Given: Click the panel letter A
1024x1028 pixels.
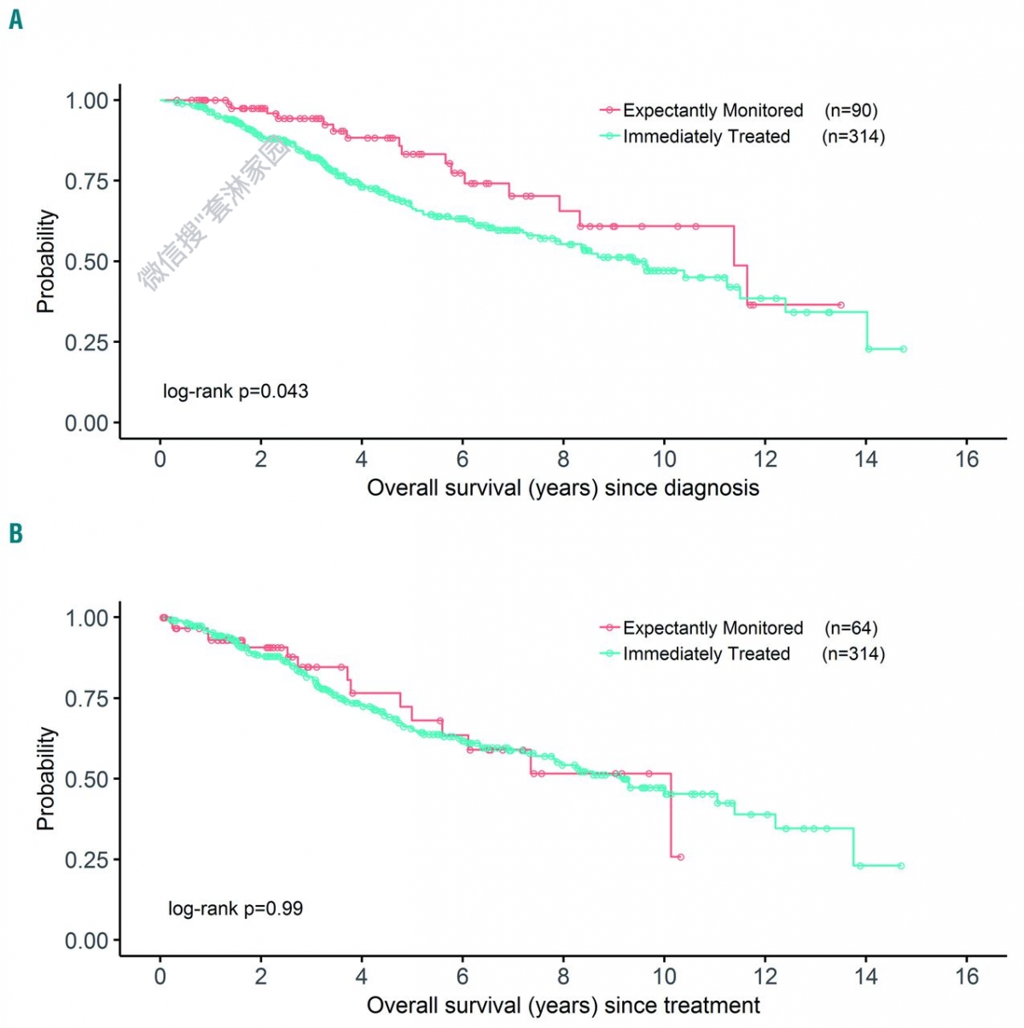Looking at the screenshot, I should point(15,19).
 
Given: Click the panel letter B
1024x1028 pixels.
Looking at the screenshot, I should point(15,534).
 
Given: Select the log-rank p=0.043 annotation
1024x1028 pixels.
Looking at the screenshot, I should point(236,392).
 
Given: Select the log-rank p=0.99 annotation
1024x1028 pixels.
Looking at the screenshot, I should point(236,909).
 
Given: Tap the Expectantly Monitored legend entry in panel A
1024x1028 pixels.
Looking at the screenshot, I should point(713,110).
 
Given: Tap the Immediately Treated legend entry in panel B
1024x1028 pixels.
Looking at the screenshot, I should point(706,654).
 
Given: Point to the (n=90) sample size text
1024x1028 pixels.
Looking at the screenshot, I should point(851,110).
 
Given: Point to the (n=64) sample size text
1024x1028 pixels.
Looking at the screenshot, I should point(851,628).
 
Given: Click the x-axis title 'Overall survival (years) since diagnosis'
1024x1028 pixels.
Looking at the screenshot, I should point(562,488).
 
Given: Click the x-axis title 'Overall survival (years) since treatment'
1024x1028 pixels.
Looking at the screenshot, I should point(562,1006).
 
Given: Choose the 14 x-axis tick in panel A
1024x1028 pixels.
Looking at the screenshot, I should point(866,460).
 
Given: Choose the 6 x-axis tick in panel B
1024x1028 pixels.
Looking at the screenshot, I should point(463,977).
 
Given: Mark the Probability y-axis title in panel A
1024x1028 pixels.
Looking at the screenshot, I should point(46,261).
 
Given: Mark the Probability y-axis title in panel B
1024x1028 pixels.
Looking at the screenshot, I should point(46,778).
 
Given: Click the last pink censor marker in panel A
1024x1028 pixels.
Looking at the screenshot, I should point(841,305).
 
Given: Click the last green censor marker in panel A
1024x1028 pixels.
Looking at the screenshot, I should point(904,349).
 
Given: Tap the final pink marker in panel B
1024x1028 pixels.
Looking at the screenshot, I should point(680,857).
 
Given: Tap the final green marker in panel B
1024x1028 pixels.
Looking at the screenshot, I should point(901,866).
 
